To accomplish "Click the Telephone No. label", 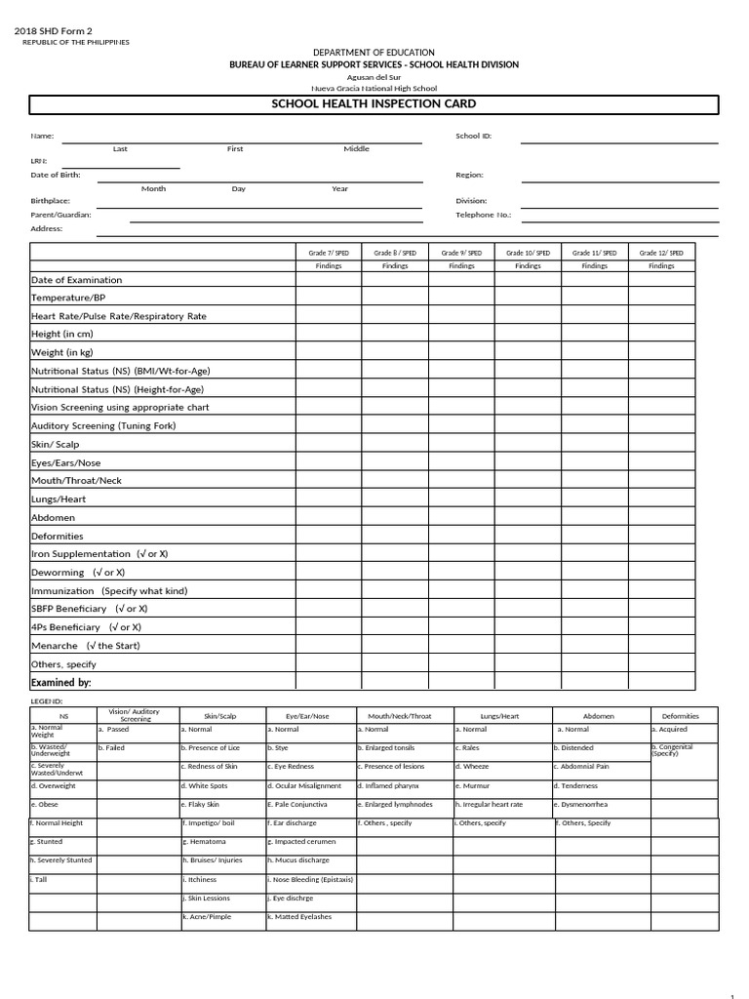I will click(483, 215).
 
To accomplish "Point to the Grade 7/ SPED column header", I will click(329, 253).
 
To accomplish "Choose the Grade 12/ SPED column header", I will click(661, 253).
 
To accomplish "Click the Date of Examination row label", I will click(77, 280).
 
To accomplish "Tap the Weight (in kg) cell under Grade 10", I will click(528, 352).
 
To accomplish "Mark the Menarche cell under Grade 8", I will click(395, 646).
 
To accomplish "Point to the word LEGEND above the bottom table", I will click(47, 701).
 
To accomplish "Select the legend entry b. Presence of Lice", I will click(211, 747).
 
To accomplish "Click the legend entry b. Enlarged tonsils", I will click(386, 747).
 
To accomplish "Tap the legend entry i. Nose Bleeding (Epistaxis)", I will click(310, 879).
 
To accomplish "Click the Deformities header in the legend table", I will click(680, 716).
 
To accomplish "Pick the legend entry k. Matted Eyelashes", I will click(299, 917).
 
